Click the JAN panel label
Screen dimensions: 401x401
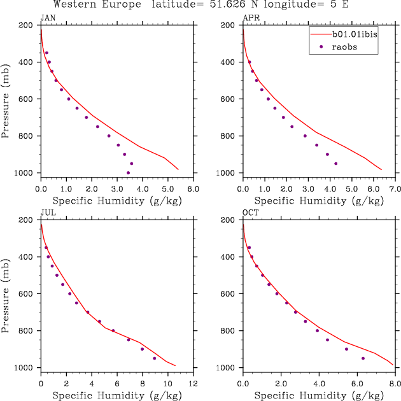48,18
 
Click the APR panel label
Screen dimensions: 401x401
250,18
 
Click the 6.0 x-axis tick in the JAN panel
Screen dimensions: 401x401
193,189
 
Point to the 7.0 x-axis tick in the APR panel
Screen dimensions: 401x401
395,189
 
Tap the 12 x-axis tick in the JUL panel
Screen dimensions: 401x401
193,384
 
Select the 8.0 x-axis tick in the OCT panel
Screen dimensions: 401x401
395,384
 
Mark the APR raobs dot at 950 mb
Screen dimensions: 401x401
335,164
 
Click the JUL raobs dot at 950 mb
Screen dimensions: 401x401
154,358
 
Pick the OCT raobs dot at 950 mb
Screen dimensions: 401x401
363,358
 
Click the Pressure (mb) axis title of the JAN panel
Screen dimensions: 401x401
6,99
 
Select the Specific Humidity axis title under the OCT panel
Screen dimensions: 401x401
318,395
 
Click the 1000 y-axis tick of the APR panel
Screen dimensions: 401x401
228,173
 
